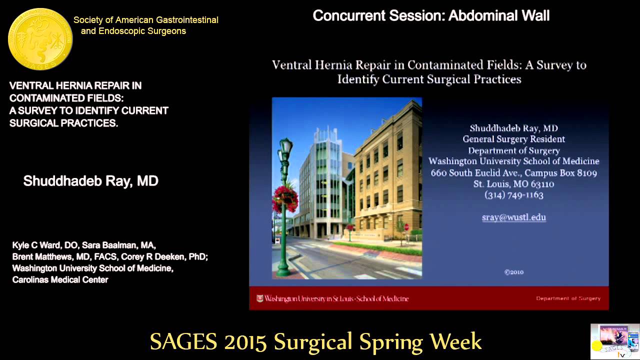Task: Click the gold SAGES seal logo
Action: (40, 39)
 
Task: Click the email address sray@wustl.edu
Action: (513, 217)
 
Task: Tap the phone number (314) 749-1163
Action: (513, 195)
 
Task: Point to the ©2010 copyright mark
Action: (513, 272)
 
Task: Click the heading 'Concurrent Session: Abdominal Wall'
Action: (431, 15)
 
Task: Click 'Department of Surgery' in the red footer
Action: (568, 298)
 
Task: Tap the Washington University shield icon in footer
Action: (259, 298)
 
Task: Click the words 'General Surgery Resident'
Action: (513, 139)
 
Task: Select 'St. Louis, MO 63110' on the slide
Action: (513, 184)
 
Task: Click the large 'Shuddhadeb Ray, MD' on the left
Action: (90, 181)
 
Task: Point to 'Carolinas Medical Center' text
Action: (60, 280)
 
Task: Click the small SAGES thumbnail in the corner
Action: (614, 341)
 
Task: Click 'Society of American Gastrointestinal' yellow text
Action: (145, 20)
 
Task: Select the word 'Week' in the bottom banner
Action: (455, 342)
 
